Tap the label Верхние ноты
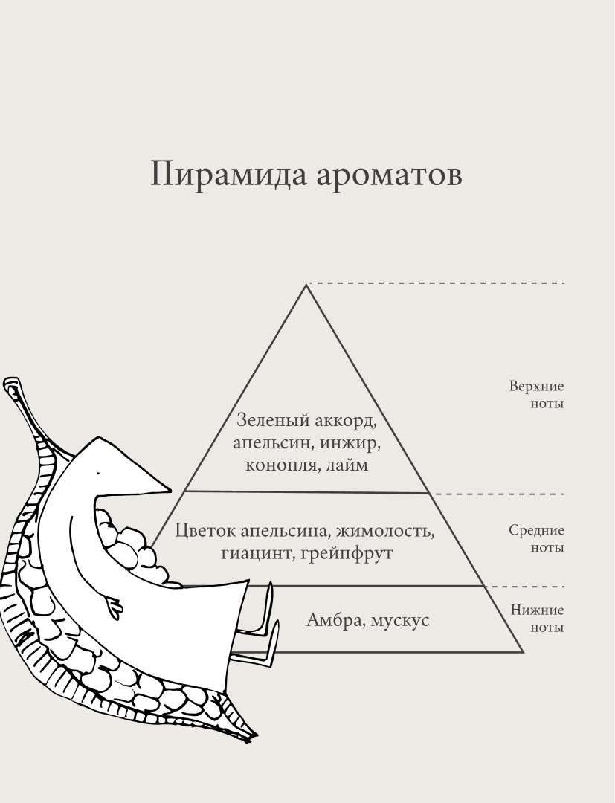point(537,395)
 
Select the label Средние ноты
point(537,539)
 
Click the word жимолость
point(384,531)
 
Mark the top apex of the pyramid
point(306,285)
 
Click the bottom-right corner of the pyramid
point(524,652)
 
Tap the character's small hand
point(113,602)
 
